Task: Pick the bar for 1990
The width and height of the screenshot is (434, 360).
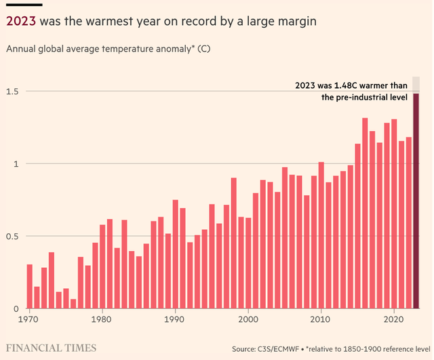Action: point(175,254)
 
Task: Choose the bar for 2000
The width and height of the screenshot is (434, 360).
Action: point(248,264)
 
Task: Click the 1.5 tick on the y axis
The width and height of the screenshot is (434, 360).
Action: point(13,92)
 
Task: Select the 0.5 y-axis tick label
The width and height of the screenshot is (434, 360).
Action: point(13,237)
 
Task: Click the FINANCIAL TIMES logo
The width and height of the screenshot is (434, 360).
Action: point(51,348)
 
